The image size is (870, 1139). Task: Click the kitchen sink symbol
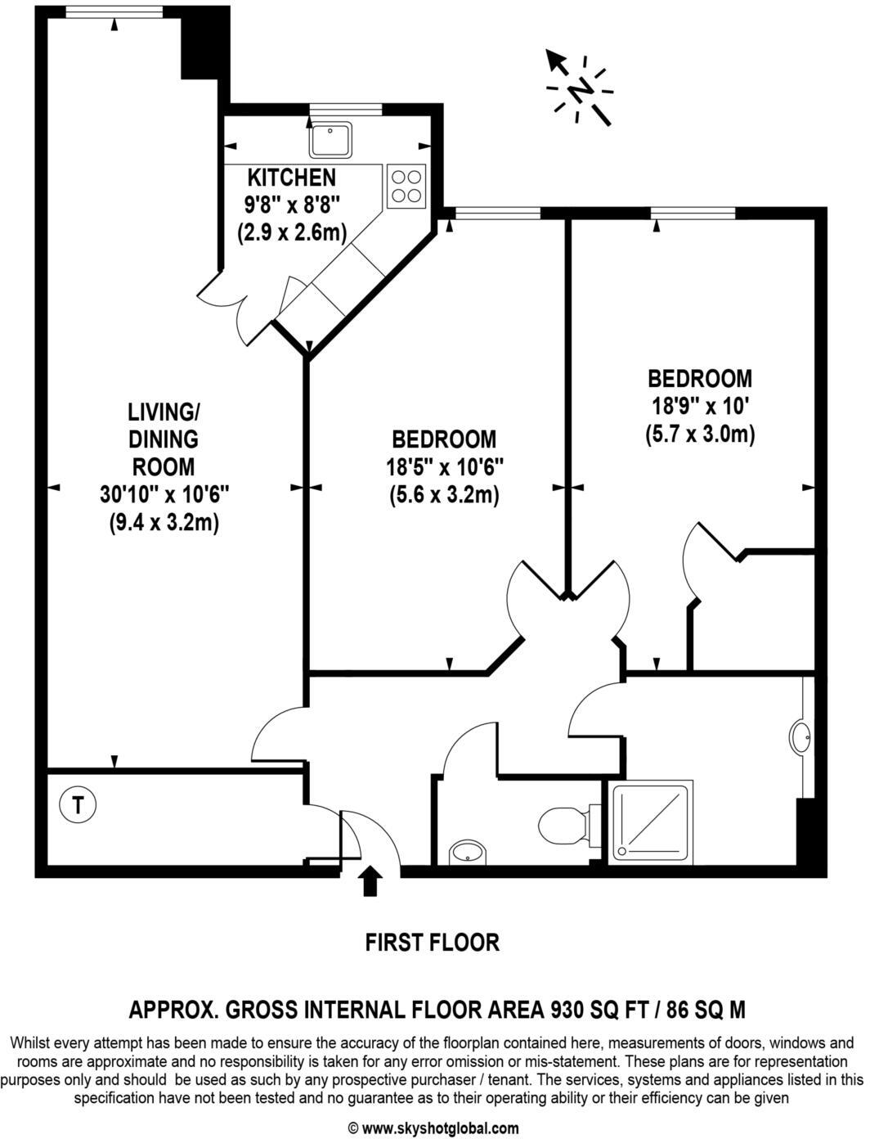(x=331, y=139)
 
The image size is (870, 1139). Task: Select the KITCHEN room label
(x=292, y=178)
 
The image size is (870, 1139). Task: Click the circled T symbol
(x=78, y=805)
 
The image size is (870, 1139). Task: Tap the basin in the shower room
(x=803, y=737)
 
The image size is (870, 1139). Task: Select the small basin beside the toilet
(x=469, y=852)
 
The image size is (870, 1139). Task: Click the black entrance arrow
(x=370, y=881)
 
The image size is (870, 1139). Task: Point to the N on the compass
(x=581, y=88)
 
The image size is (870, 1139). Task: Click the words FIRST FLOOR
(x=432, y=943)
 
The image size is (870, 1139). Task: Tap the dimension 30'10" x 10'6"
(x=164, y=495)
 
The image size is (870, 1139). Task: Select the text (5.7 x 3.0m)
(x=700, y=434)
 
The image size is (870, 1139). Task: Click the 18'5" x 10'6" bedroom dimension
(x=445, y=467)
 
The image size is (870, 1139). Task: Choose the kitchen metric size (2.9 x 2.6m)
(x=293, y=232)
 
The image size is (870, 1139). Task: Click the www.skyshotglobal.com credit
(x=434, y=1128)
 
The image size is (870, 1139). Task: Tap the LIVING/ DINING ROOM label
(x=164, y=439)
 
